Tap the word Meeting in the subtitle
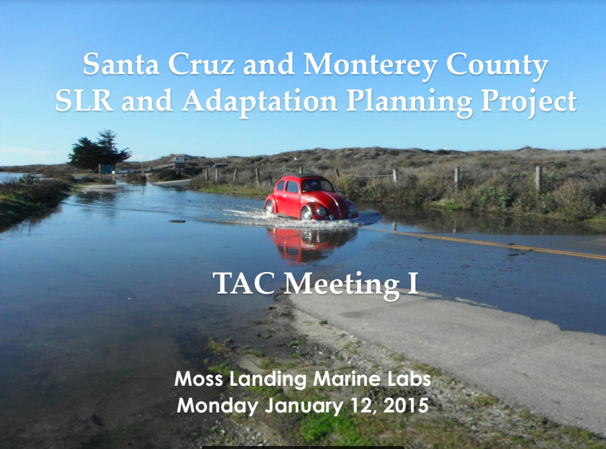338,283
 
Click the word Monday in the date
218,405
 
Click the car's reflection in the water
311,243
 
